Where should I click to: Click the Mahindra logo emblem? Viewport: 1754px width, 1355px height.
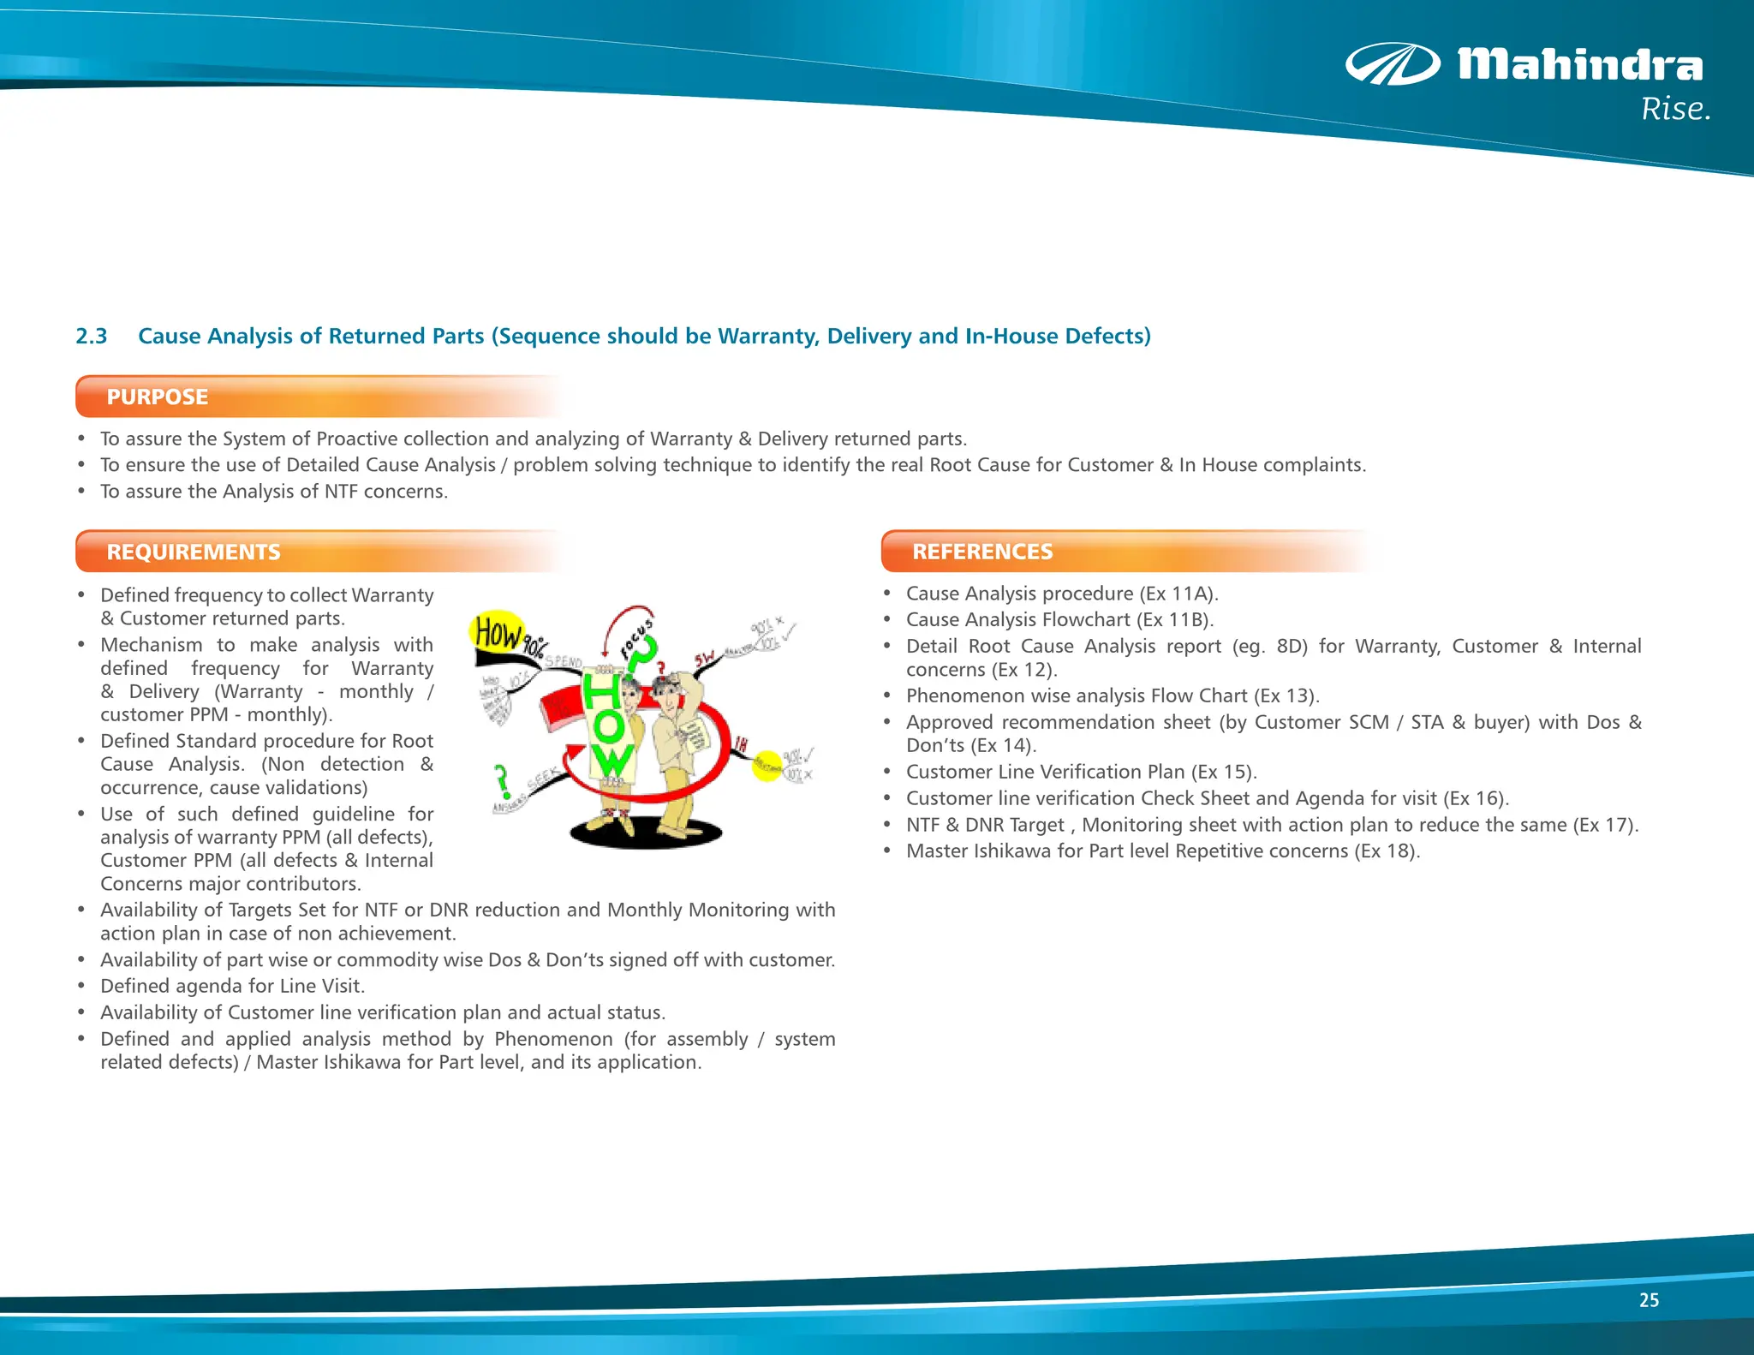coord(1392,64)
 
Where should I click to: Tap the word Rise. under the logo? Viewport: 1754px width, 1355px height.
coord(1675,110)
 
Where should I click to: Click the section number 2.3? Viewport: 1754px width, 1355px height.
coord(92,336)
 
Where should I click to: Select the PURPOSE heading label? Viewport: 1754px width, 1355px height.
coord(158,397)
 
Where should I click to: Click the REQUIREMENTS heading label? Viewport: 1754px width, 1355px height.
coord(194,552)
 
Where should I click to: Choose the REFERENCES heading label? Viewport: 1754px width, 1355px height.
coord(982,552)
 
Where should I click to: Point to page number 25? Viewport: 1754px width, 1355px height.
coord(1649,1300)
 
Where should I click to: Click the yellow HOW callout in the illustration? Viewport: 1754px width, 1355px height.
coord(498,633)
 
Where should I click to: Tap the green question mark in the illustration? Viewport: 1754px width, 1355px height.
coord(502,781)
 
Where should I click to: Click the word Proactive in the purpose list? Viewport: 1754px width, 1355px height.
coord(357,439)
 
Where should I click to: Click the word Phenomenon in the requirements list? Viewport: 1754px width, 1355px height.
coord(553,1039)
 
